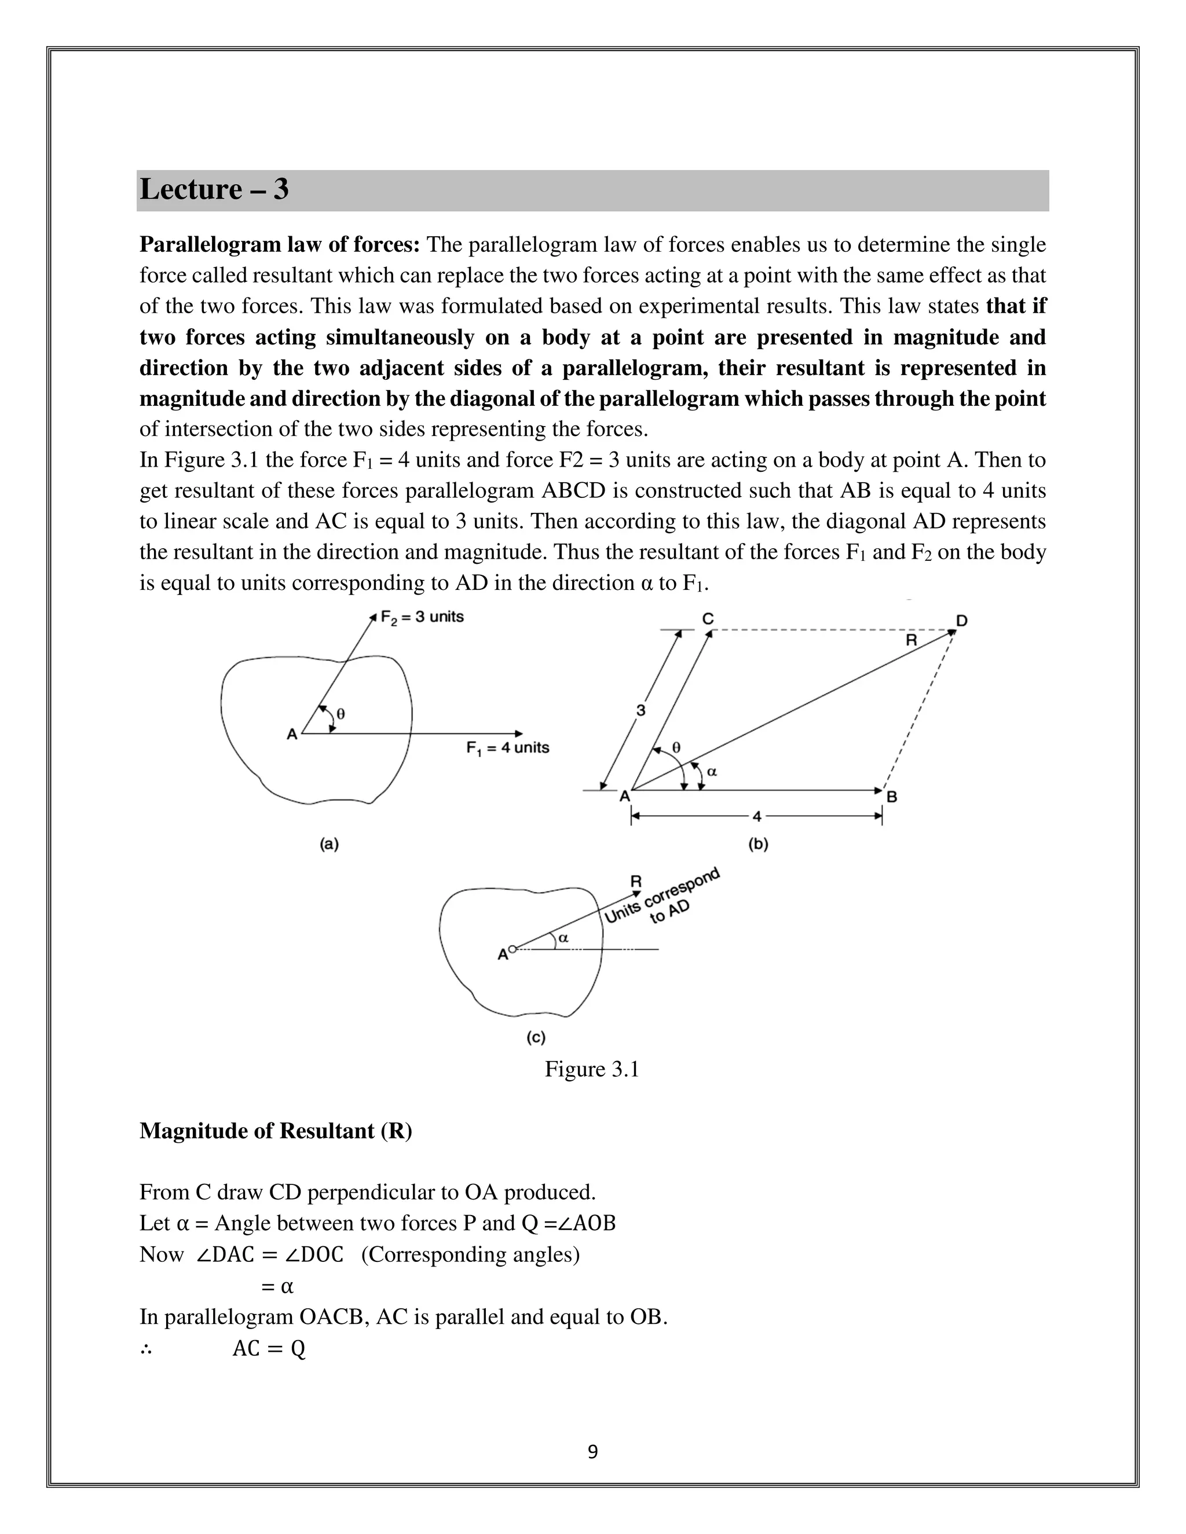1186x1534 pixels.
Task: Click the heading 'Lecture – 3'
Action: pos(214,190)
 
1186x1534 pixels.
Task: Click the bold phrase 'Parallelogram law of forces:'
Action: pos(280,244)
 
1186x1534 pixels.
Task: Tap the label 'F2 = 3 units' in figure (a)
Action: pos(422,616)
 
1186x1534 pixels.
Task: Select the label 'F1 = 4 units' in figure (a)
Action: pos(507,747)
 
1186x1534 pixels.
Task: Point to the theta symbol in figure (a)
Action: pos(341,714)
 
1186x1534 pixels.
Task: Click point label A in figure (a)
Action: pos(292,735)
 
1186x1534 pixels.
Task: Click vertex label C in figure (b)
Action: pos(708,618)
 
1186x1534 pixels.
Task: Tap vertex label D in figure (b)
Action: pos(962,620)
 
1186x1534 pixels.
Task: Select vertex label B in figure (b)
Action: pos(892,797)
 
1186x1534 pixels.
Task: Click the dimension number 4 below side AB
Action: pos(757,816)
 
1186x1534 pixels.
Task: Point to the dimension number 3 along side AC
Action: pos(641,710)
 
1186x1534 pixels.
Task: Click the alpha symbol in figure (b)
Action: pos(712,771)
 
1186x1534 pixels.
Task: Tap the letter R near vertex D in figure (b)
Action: pos(912,640)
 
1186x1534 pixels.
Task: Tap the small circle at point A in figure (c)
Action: pos(512,949)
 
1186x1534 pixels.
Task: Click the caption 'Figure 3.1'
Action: pos(592,1069)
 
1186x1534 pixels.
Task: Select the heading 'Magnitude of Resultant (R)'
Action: pos(276,1131)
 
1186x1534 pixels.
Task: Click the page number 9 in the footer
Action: pos(592,1452)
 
